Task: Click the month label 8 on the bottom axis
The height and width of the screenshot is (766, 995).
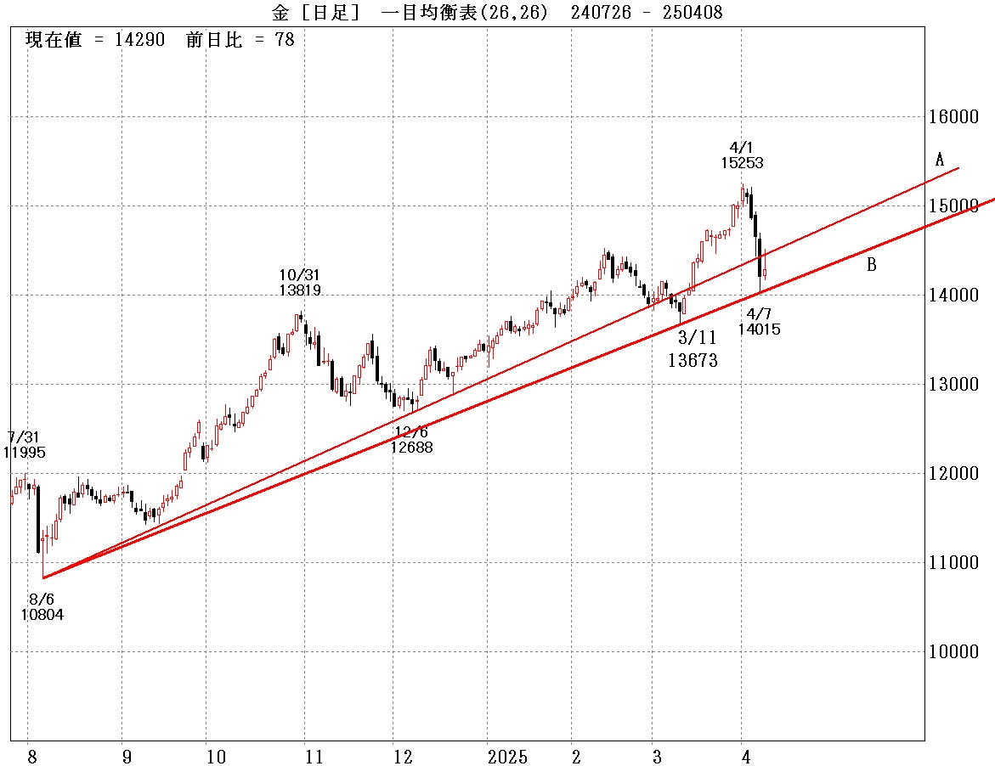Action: pos(31,757)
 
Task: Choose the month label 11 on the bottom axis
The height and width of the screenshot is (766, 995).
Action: pos(314,757)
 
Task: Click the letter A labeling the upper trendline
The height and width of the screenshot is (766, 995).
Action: pos(940,160)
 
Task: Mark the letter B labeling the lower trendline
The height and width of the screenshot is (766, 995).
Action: pos(872,265)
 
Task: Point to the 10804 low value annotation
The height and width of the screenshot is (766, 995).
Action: pos(42,615)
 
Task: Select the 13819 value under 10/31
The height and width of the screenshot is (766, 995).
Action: pos(300,290)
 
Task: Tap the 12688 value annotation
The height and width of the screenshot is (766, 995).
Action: pos(412,447)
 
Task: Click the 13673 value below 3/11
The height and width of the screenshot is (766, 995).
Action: pos(693,361)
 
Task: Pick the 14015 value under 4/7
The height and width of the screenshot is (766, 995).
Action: pos(759,329)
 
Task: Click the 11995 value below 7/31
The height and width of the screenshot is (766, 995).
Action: pos(25,453)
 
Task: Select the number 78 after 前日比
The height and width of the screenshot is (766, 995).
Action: pos(285,40)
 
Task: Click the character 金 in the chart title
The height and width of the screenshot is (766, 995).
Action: pos(280,12)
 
